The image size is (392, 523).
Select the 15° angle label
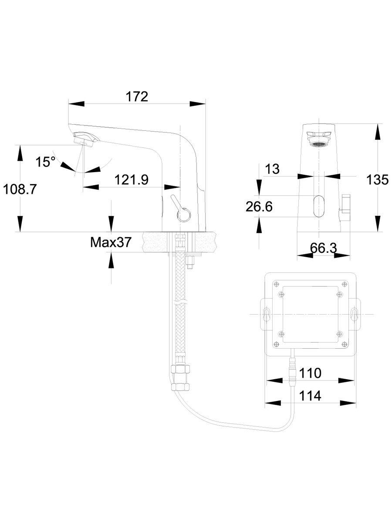tap(45, 162)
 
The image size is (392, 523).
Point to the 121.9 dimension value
tap(132, 179)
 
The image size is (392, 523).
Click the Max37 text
tap(110, 242)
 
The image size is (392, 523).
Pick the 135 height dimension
tap(377, 180)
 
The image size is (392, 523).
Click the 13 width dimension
tap(272, 169)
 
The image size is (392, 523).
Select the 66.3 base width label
tap(324, 248)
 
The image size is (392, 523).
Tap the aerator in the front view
tap(319, 143)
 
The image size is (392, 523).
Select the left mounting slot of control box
tap(266, 315)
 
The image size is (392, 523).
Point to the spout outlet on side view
tap(85, 140)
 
